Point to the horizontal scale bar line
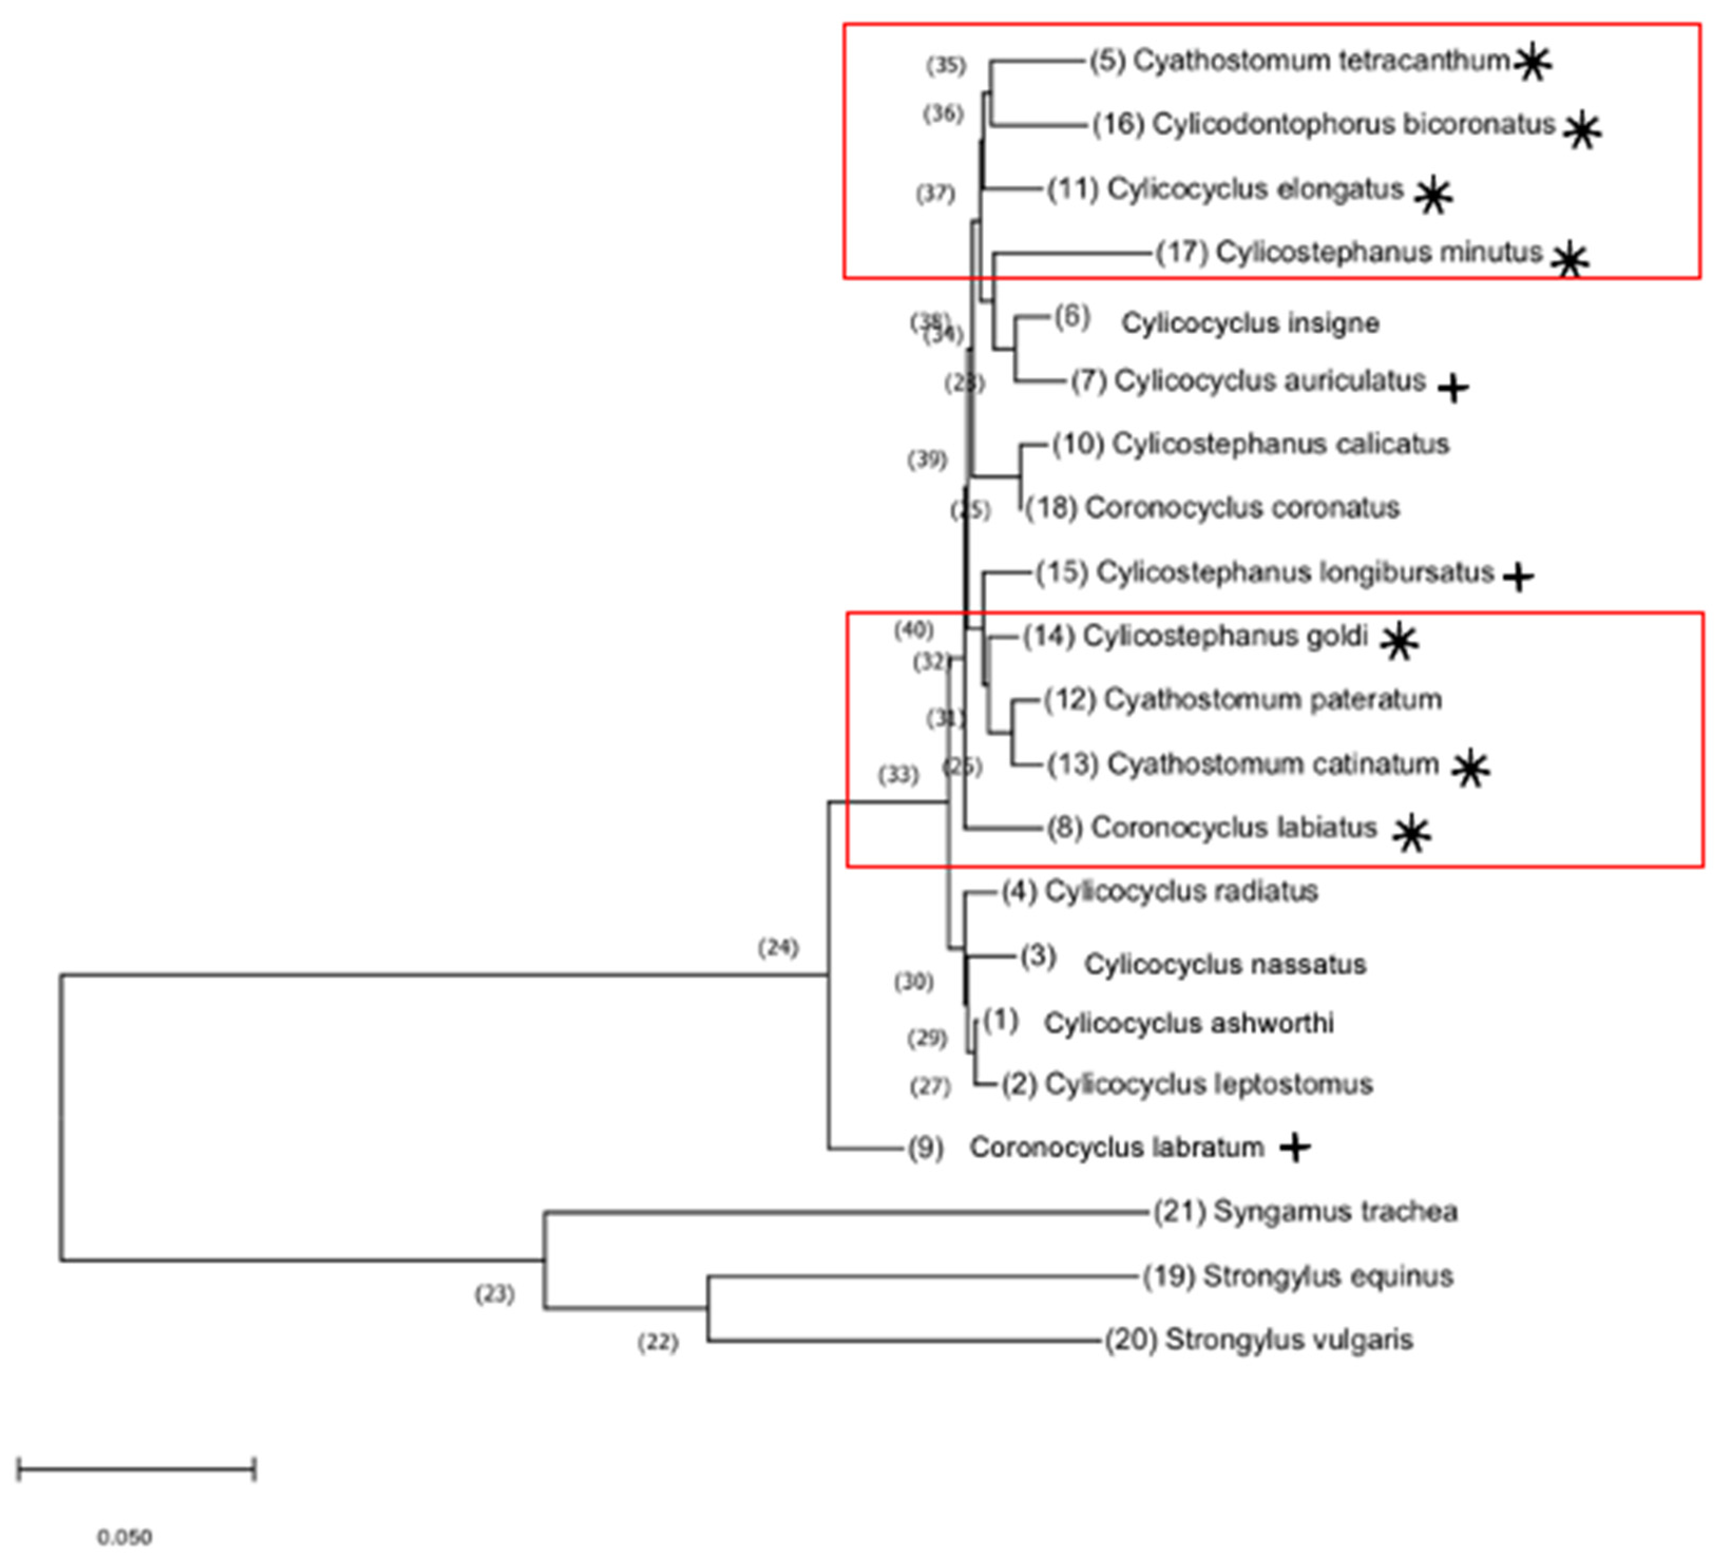click(136, 1470)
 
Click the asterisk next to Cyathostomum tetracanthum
click(1534, 62)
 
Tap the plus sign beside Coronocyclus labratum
click(1295, 1148)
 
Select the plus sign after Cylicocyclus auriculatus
click(1453, 388)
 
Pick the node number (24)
click(778, 948)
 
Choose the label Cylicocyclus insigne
click(1250, 323)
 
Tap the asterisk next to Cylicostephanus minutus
click(1570, 260)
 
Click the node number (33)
click(898, 775)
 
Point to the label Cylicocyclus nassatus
click(1224, 965)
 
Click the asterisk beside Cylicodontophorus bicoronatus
click(1582, 130)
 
